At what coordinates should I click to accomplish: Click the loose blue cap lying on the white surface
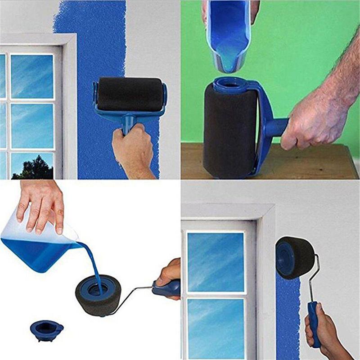tap(47, 329)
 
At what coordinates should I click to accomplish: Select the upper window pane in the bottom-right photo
tap(215, 261)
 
